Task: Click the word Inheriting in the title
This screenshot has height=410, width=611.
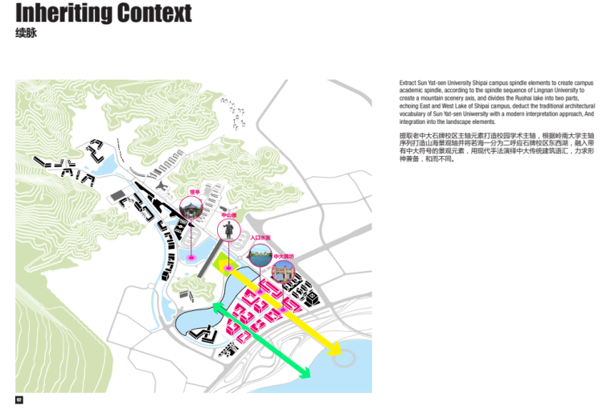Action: tap(64, 14)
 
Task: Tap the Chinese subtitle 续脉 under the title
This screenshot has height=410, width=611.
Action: tap(26, 34)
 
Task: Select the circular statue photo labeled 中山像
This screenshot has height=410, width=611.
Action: tap(228, 232)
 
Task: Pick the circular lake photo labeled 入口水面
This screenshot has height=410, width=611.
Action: tap(260, 255)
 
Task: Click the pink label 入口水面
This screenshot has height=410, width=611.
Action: tap(260, 238)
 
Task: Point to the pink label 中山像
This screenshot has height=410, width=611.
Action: tap(228, 215)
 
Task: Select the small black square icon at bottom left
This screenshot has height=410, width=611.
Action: tap(18, 400)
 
